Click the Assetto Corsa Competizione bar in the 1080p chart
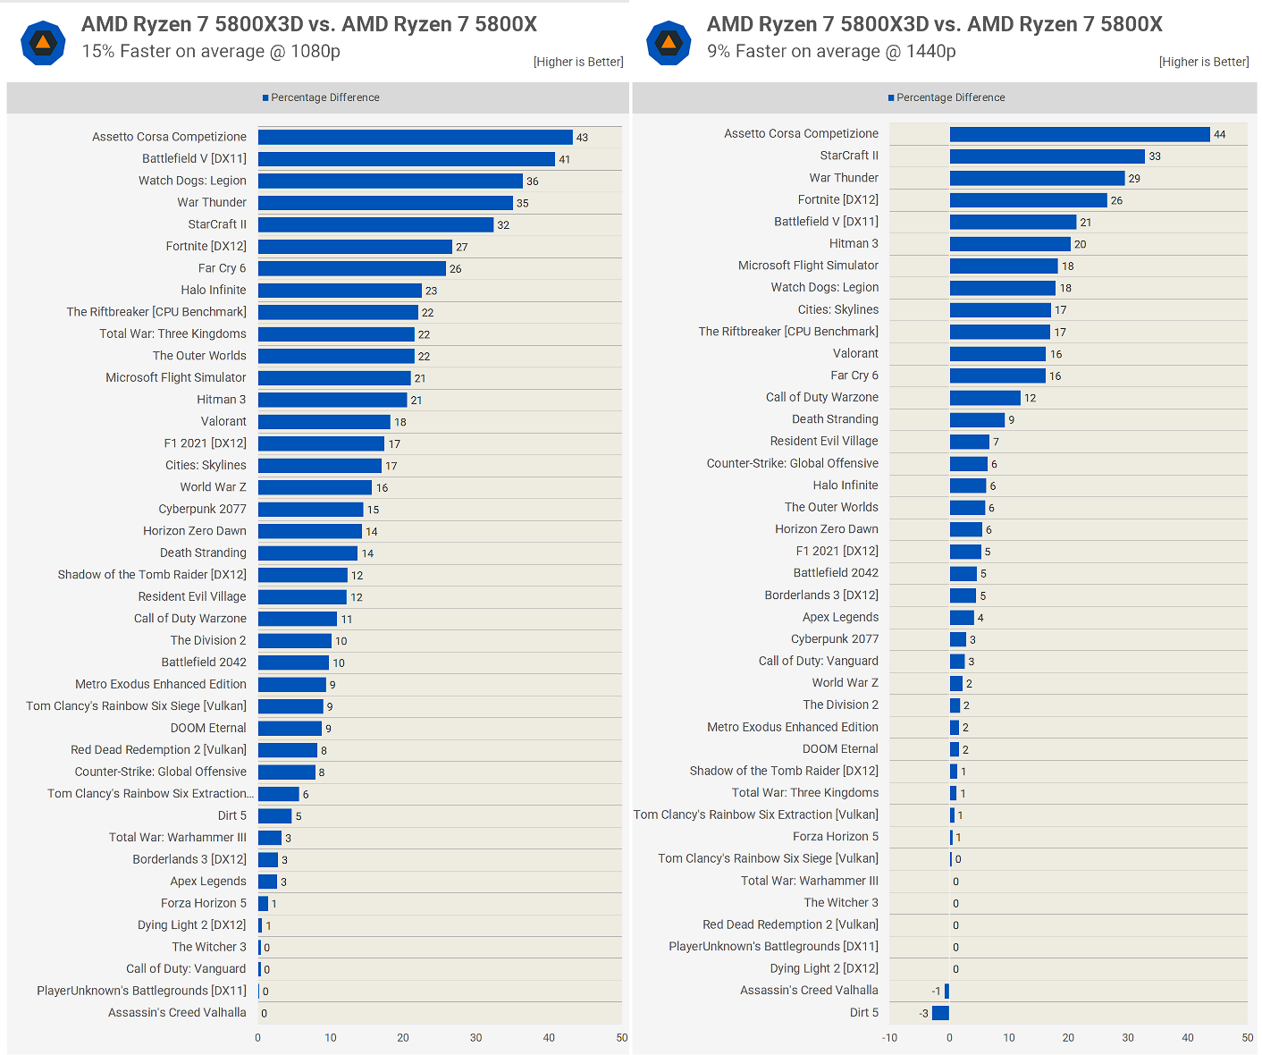(x=415, y=137)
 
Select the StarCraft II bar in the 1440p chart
(x=1047, y=156)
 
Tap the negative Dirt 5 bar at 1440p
(x=940, y=1013)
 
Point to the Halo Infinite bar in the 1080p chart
(x=340, y=291)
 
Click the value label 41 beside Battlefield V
(x=564, y=159)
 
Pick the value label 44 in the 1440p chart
(x=1220, y=134)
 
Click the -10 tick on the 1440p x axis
(x=889, y=1038)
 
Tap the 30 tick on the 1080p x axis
(x=475, y=1038)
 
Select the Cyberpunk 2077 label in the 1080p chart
(x=202, y=509)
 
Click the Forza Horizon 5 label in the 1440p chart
(x=835, y=837)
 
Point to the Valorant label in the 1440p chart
(x=855, y=354)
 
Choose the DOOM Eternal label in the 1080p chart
(x=208, y=728)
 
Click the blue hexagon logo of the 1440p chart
(x=669, y=43)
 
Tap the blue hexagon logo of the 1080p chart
(x=43, y=43)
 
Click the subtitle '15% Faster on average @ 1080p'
(x=211, y=51)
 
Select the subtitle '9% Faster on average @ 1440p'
(x=831, y=51)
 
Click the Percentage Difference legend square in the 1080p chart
(x=265, y=97)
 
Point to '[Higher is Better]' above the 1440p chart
(x=1204, y=62)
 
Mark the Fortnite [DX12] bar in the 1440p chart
(x=1028, y=200)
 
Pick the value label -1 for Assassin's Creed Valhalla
(x=936, y=991)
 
